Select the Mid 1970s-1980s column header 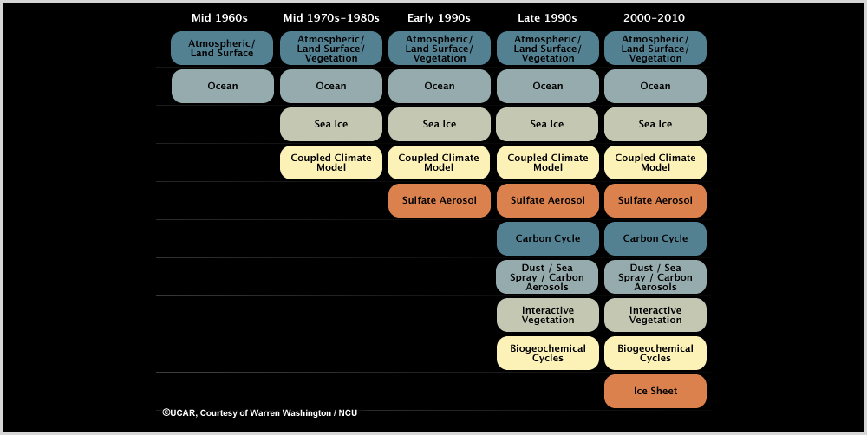331,18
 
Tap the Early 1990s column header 439,18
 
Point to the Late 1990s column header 547,18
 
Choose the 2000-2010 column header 655,18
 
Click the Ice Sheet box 655,391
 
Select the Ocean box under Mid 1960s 223,87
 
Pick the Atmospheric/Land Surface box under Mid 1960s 222,49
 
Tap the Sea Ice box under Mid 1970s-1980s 331,125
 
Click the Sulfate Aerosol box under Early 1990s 440,201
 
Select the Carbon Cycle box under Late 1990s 548,239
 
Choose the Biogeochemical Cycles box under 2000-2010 655,354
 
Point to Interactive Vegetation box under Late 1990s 548,315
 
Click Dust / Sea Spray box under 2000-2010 655,277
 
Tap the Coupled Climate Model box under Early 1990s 440,163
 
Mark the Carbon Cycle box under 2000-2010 655,239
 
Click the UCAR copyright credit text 259,413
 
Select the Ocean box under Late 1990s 548,87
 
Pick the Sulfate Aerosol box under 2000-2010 655,201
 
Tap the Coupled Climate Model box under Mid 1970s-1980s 331,163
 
